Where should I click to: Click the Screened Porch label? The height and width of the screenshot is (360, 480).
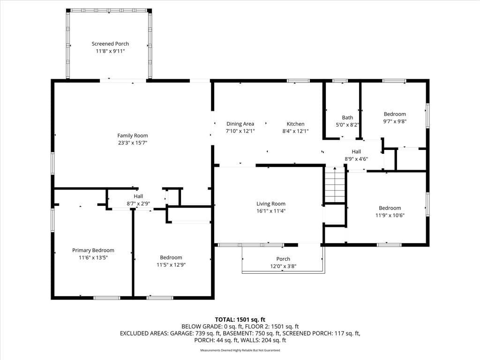click(x=110, y=44)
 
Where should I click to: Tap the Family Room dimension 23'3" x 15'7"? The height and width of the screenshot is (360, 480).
click(x=133, y=142)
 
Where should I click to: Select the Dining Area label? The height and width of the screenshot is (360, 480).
click(x=240, y=124)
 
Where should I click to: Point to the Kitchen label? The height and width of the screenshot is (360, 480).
click(x=295, y=124)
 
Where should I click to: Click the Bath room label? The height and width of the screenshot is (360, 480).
click(x=347, y=118)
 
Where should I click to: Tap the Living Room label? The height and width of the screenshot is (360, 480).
click(x=271, y=203)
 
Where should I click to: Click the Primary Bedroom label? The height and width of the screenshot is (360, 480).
click(x=93, y=250)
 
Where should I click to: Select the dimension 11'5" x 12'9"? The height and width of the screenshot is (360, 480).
click(x=171, y=265)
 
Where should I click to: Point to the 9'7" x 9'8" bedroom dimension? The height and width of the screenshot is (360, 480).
click(x=395, y=121)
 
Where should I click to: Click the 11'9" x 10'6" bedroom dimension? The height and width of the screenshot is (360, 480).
click(x=390, y=215)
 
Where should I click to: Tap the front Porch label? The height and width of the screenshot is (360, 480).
click(x=283, y=259)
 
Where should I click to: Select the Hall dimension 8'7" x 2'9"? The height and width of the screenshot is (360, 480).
click(x=138, y=203)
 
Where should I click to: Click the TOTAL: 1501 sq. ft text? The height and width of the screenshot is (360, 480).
click(x=240, y=320)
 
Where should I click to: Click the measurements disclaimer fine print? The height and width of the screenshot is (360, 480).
click(x=240, y=350)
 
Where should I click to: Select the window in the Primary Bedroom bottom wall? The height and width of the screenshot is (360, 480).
click(x=107, y=298)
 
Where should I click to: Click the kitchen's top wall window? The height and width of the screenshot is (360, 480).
click(x=298, y=81)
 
